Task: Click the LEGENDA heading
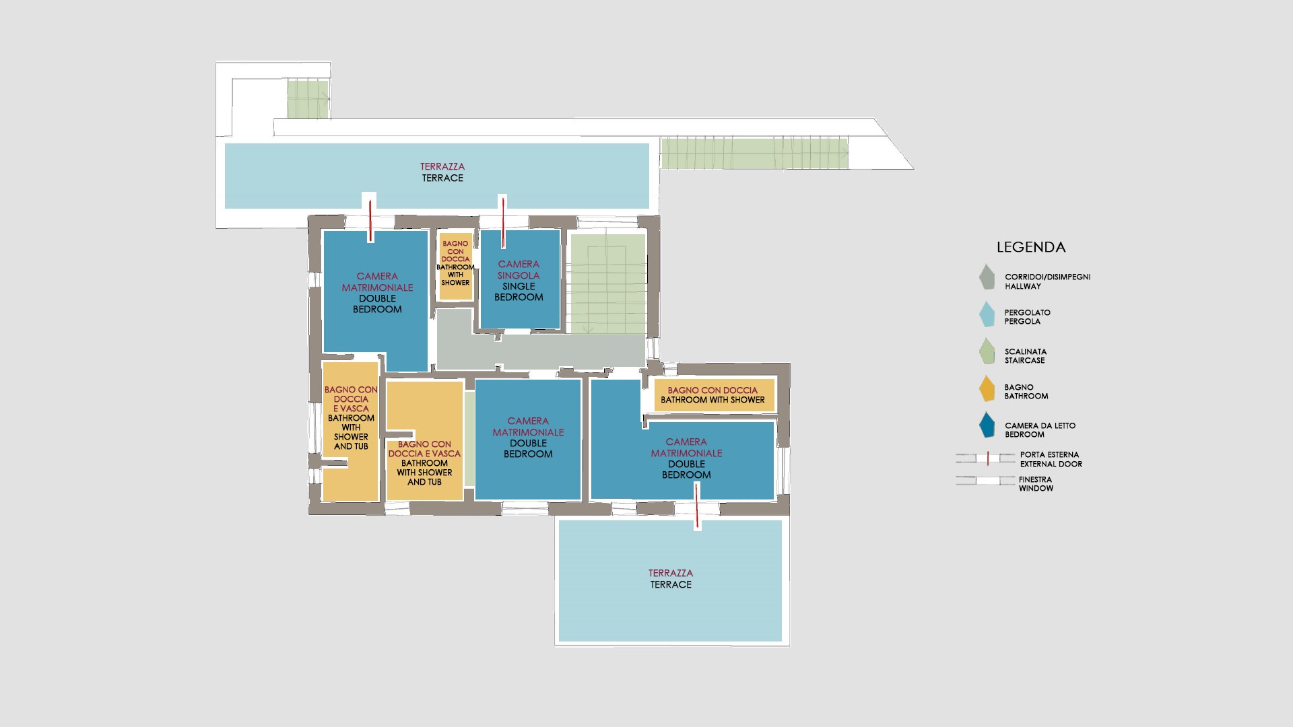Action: [x=1031, y=247]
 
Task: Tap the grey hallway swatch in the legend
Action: [x=987, y=277]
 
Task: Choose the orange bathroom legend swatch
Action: [x=987, y=388]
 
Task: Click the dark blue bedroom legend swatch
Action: [x=987, y=425]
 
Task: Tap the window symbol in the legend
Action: [x=986, y=481]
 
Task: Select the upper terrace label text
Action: [x=442, y=172]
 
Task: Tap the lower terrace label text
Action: [x=671, y=579]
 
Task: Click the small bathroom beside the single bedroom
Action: [x=455, y=267]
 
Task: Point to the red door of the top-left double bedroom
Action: [x=370, y=218]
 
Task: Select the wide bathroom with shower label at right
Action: [x=712, y=395]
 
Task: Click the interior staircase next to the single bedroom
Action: [x=607, y=283]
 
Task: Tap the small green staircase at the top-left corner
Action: [x=308, y=99]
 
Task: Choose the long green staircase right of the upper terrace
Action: [x=754, y=153]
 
